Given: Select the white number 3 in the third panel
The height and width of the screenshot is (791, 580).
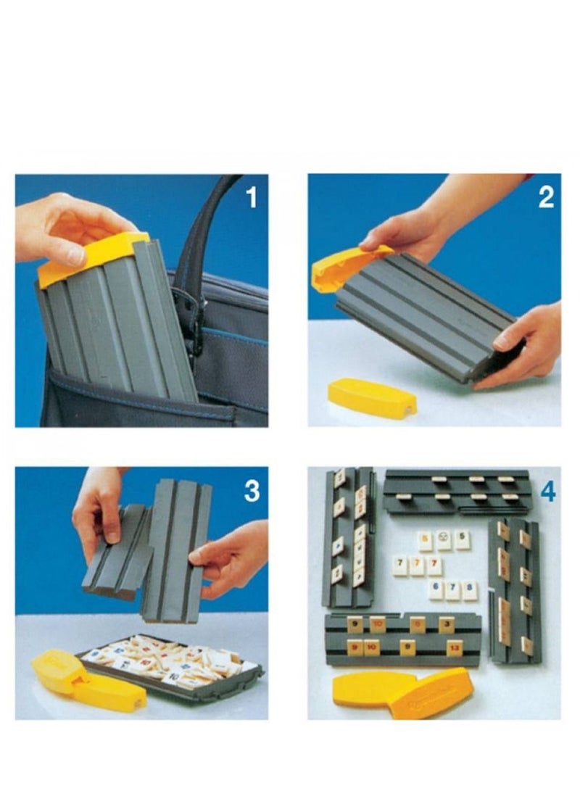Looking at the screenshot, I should click(x=251, y=491).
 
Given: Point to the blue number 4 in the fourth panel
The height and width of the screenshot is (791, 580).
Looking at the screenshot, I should click(x=548, y=492).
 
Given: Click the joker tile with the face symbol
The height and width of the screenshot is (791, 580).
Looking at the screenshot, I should click(x=426, y=540).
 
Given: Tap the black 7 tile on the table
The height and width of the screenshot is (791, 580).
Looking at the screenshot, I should click(x=400, y=566).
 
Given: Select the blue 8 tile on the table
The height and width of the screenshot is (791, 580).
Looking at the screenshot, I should click(x=470, y=589).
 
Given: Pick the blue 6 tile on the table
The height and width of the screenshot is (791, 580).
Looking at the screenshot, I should click(x=436, y=589).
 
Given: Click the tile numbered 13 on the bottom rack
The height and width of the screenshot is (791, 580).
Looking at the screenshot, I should click(x=455, y=647).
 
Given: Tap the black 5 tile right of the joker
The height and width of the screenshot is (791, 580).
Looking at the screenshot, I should click(x=461, y=540).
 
